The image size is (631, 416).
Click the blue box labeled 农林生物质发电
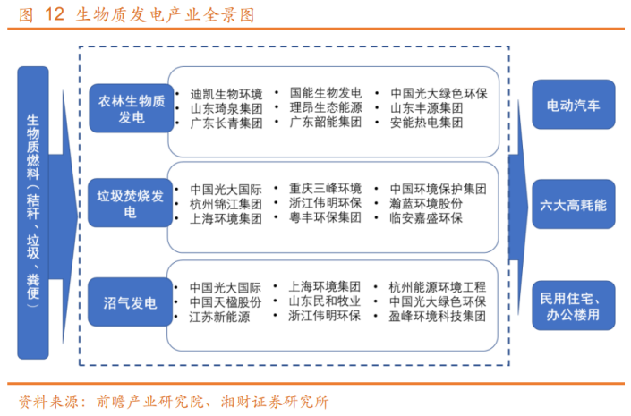point(132,108)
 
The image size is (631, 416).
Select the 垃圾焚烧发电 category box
point(131,203)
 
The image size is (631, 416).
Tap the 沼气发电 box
point(131,301)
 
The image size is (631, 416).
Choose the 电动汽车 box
point(574,105)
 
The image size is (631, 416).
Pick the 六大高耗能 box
point(574,204)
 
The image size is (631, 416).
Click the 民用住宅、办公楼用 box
point(574,305)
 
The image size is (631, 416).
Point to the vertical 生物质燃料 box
point(33,212)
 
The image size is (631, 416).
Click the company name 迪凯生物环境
point(226,94)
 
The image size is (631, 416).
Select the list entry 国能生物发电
point(326,93)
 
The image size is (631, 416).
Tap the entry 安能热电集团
point(426,123)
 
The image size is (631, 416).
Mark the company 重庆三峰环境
point(325,188)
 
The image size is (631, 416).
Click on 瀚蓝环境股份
point(426,204)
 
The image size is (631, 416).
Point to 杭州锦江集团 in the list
point(226,204)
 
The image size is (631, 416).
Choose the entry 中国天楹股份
point(226,301)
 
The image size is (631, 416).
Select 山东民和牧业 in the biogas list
point(324,301)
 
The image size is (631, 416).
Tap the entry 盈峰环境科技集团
point(437,316)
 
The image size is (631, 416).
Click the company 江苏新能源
point(219,317)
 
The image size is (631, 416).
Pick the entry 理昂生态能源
point(326,107)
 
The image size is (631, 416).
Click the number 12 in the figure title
point(55,14)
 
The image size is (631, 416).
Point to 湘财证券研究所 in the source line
point(275,402)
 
